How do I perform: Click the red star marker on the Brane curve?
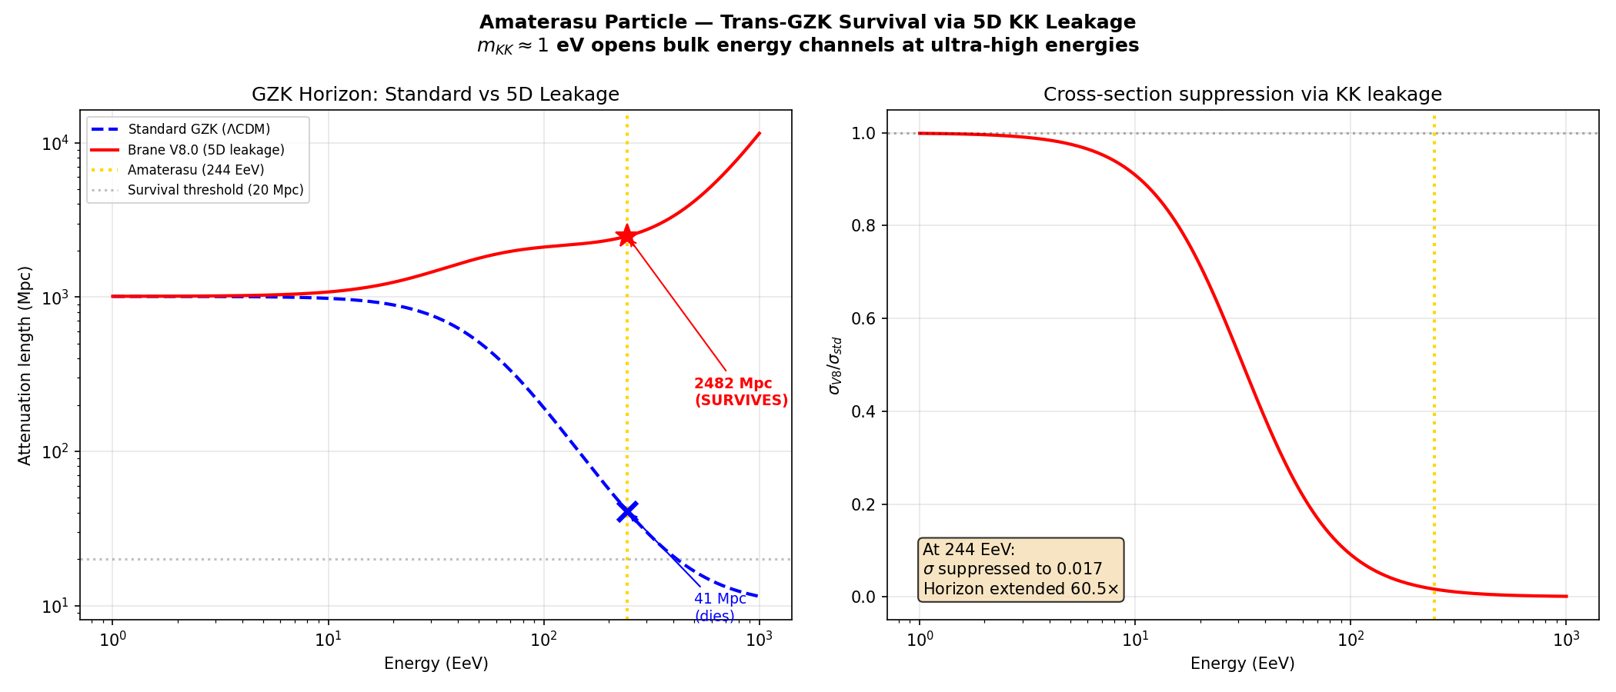[627, 236]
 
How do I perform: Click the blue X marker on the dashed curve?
[627, 511]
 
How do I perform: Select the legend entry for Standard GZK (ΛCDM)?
[199, 129]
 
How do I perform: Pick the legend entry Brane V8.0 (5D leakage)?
[205, 150]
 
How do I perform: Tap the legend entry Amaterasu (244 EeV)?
[195, 170]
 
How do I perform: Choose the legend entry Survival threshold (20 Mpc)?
[215, 190]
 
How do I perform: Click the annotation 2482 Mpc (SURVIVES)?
[740, 391]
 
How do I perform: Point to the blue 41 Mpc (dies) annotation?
[720, 607]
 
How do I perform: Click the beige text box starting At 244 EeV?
[1021, 569]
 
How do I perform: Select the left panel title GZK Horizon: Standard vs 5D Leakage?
[436, 95]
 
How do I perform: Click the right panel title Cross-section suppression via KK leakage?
[1242, 95]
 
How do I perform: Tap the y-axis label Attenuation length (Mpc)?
[25, 365]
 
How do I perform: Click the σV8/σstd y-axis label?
[834, 365]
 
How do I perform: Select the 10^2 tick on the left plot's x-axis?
[543, 640]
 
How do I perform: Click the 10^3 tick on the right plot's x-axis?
[1565, 640]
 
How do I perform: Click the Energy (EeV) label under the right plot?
[1242, 664]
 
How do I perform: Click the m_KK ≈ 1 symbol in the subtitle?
[513, 46]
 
